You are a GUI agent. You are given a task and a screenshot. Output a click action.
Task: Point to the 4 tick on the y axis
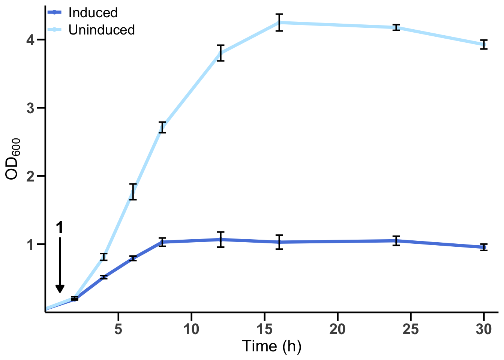(x=31, y=39)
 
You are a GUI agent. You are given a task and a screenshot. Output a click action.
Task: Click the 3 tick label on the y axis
(x=31, y=108)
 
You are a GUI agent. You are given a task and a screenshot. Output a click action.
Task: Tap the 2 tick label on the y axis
(x=31, y=176)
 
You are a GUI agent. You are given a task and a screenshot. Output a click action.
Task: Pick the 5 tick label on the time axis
(x=118, y=329)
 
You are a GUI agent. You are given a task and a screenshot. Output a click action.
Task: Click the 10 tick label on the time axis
(x=191, y=329)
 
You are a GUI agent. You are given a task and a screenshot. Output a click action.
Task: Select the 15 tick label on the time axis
(x=264, y=329)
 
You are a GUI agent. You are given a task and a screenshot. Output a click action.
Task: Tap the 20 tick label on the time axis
(x=337, y=329)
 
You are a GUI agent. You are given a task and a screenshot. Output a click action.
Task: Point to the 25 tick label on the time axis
(x=411, y=329)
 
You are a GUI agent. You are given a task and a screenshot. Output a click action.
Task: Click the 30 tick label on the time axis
(x=484, y=329)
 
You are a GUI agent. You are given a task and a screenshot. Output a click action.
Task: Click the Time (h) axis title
(x=271, y=346)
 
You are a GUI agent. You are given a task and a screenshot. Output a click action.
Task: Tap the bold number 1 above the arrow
(x=60, y=228)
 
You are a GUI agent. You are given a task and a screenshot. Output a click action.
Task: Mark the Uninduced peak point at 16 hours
(x=279, y=22)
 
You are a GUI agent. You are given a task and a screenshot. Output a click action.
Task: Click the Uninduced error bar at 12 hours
(x=220, y=53)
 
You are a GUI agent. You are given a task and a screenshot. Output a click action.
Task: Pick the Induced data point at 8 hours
(x=162, y=242)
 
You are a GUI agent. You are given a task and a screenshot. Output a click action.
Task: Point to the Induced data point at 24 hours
(x=396, y=241)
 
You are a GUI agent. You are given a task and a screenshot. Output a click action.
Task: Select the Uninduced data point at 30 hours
(x=484, y=45)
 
